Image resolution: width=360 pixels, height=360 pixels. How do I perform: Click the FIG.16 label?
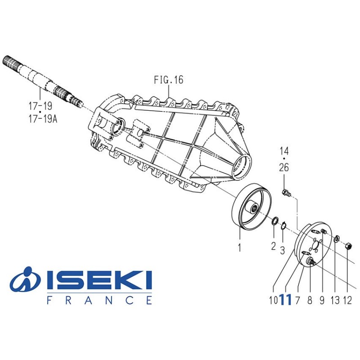(168, 80)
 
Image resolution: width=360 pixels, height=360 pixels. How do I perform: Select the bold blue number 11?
(285, 300)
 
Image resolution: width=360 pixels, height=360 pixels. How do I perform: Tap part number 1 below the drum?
(239, 247)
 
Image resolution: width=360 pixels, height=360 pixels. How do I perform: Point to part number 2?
(273, 246)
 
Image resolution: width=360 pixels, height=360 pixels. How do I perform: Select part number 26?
(284, 168)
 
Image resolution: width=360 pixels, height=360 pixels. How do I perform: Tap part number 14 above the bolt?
(284, 150)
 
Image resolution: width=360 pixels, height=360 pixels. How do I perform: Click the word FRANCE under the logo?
(99, 300)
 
